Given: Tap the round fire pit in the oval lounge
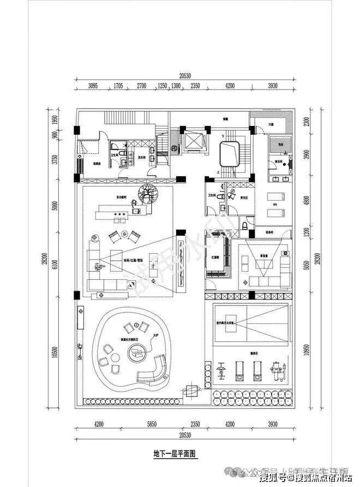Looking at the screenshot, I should [x=136, y=354].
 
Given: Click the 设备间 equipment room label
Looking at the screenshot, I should [x=269, y=231].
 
